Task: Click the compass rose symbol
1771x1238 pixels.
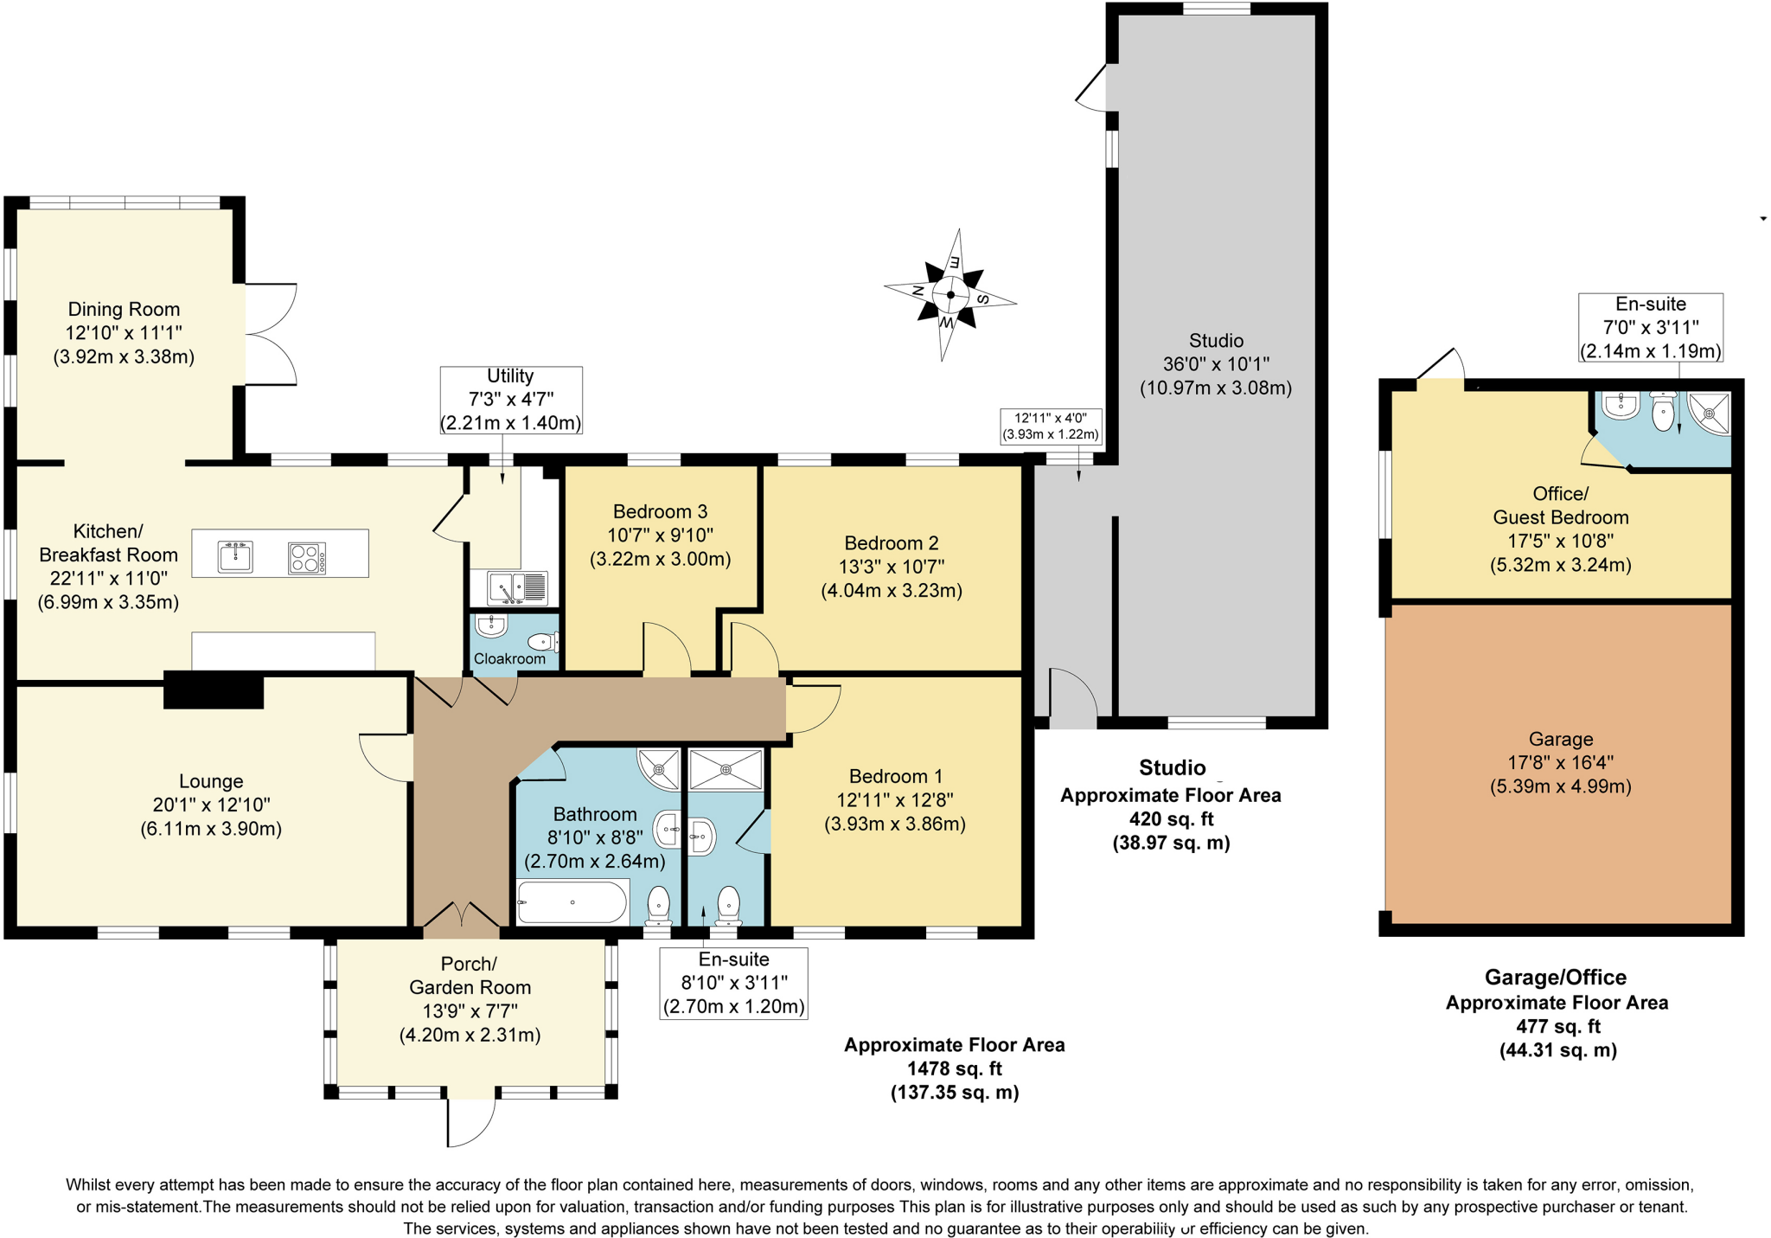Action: click(950, 295)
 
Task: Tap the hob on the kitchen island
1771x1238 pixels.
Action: click(307, 558)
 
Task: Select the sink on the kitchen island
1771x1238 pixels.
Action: click(235, 557)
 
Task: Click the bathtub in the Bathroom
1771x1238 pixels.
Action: click(572, 902)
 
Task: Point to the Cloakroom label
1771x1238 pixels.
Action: click(509, 659)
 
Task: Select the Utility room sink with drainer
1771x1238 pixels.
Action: click(518, 588)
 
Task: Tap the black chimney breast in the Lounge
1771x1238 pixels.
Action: click(214, 691)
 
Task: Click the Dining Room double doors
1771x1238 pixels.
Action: click(270, 334)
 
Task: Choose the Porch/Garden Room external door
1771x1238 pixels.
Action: click(471, 1122)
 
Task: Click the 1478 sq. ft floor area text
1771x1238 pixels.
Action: click(955, 1068)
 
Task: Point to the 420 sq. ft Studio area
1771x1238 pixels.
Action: click(1171, 818)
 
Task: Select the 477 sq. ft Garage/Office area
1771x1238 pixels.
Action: click(1557, 1027)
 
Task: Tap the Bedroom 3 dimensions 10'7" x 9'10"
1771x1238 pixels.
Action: click(661, 536)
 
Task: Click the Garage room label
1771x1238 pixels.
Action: click(1560, 740)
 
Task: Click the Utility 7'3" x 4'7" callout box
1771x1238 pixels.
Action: click(510, 400)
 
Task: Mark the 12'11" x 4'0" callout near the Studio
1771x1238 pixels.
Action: click(1051, 427)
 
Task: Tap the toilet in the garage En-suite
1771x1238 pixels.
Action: click(1663, 412)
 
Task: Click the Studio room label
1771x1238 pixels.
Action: click(1215, 341)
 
